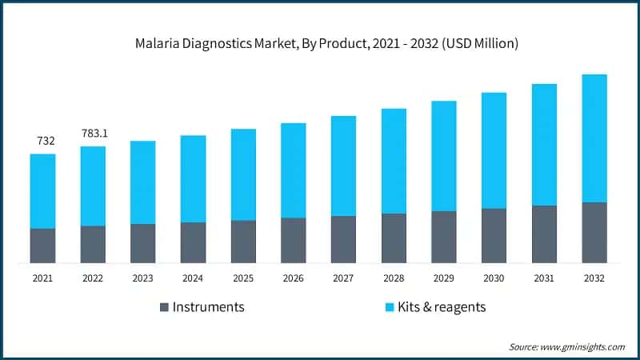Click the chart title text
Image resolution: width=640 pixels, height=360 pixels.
[x=321, y=43]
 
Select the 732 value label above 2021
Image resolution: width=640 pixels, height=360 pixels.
[x=46, y=142]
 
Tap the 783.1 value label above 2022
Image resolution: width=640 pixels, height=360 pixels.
[x=93, y=132]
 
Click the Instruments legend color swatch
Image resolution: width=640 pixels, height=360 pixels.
[x=164, y=307]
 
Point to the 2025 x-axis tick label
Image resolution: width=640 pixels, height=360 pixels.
[x=243, y=278]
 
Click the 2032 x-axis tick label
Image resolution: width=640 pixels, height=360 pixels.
[x=594, y=278]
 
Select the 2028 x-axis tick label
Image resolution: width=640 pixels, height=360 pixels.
[x=394, y=278]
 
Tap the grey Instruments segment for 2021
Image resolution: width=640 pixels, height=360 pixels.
[x=43, y=246]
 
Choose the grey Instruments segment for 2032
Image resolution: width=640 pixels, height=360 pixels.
[x=594, y=233]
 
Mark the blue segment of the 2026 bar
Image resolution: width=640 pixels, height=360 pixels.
[x=294, y=170]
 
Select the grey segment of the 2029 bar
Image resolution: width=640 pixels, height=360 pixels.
[x=444, y=237]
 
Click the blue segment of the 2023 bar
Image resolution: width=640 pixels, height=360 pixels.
[x=143, y=182]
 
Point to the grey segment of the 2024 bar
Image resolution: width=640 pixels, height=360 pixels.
[x=193, y=242]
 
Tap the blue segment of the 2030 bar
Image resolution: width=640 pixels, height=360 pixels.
[x=494, y=150]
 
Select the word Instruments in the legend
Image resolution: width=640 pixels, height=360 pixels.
[x=208, y=307]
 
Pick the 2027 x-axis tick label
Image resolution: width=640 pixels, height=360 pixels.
[x=343, y=278]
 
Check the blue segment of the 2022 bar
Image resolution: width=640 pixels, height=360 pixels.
[x=93, y=186]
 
